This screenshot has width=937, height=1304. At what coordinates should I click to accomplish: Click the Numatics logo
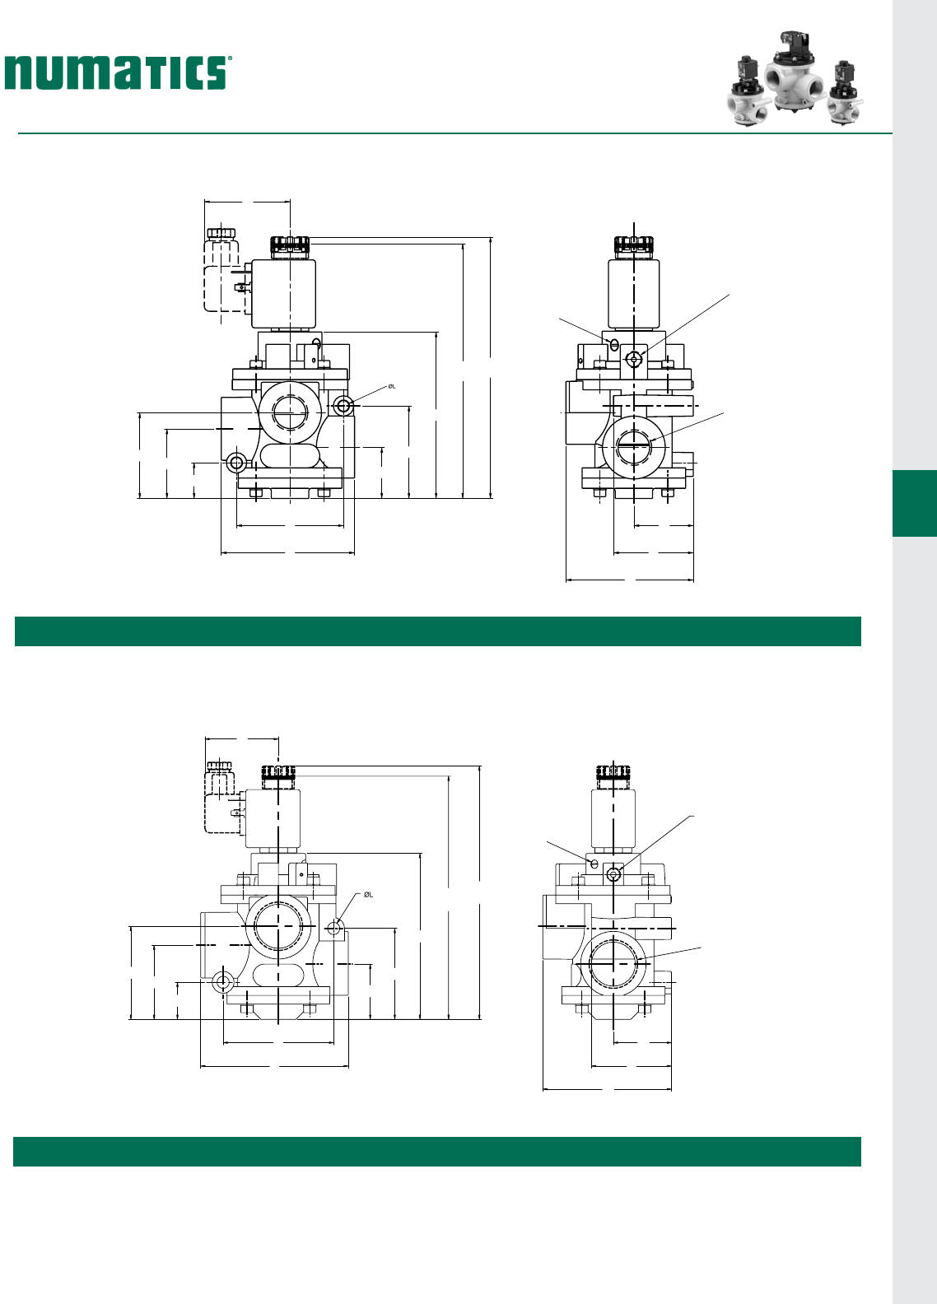point(119,72)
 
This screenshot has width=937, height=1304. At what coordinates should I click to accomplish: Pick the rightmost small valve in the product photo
point(845,92)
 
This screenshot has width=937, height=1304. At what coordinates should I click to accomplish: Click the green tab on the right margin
point(914,503)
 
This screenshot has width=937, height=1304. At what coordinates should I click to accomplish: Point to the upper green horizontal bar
point(437,631)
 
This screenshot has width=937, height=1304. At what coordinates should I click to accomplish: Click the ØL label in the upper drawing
point(392,386)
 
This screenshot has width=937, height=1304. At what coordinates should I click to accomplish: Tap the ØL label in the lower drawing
point(368,895)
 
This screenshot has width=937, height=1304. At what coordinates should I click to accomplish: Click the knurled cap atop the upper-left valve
point(290,248)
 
